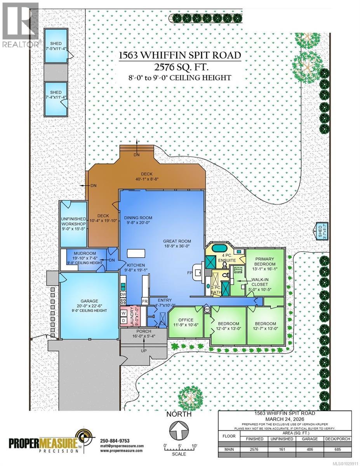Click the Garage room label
point(89,301)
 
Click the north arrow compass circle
point(179,431)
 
